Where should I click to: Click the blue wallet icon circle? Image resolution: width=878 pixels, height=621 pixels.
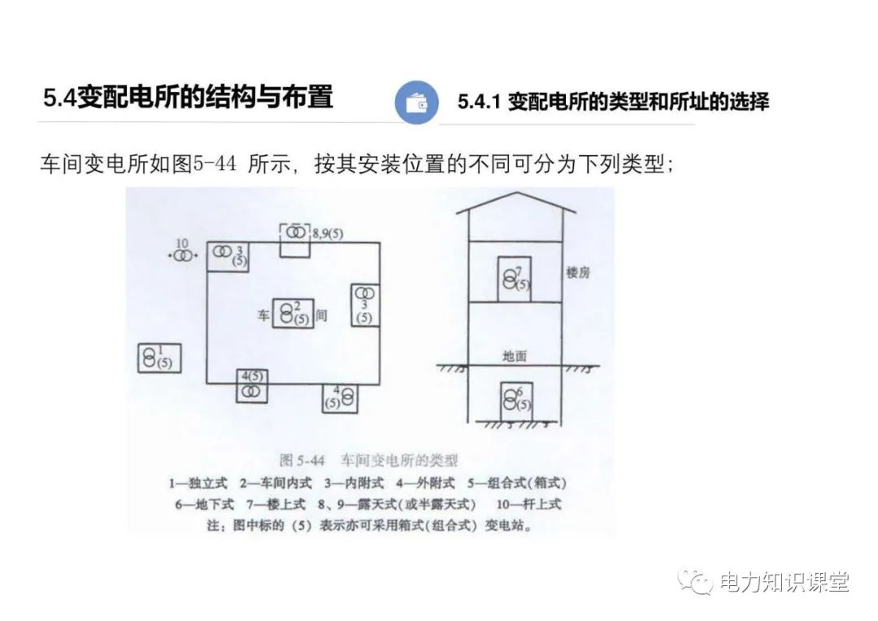coord(416,102)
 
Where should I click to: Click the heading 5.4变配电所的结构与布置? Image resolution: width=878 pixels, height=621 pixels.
coord(189,97)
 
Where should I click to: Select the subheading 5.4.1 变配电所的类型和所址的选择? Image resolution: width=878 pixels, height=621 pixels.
coord(613,102)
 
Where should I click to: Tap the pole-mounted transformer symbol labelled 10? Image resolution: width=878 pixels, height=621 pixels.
coord(184,255)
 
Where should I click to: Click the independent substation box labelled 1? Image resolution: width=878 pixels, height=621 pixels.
coord(159,358)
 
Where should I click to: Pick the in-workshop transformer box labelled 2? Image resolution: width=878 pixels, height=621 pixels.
coord(293,312)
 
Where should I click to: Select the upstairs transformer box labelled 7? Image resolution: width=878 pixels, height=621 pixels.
coord(513,279)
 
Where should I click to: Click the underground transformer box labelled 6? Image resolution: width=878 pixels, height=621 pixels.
coord(516,401)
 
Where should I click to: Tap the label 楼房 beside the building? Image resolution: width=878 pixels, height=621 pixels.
coord(578,273)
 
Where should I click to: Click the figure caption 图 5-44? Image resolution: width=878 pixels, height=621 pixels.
coord(302,460)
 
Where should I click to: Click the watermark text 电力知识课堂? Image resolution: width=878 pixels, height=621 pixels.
coord(785,582)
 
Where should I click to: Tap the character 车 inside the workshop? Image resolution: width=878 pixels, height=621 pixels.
coord(263,315)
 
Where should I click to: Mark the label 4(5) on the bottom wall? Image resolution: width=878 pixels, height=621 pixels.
coord(252,376)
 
